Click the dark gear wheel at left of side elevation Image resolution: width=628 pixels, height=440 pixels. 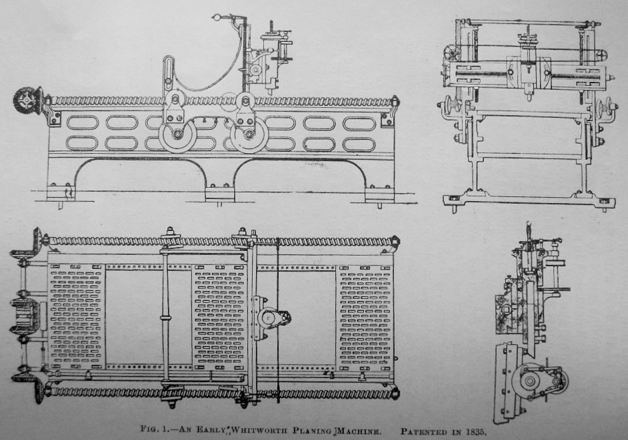pos(27,101)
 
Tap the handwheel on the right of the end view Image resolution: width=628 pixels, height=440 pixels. pos(606,107)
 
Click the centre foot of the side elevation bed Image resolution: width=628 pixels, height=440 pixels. pos(219,192)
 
